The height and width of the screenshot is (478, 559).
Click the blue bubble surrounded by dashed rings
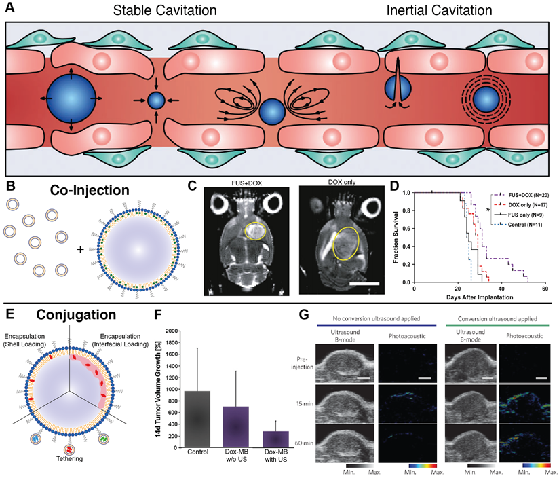(486, 100)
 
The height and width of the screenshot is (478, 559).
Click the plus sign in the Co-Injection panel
(81, 249)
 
